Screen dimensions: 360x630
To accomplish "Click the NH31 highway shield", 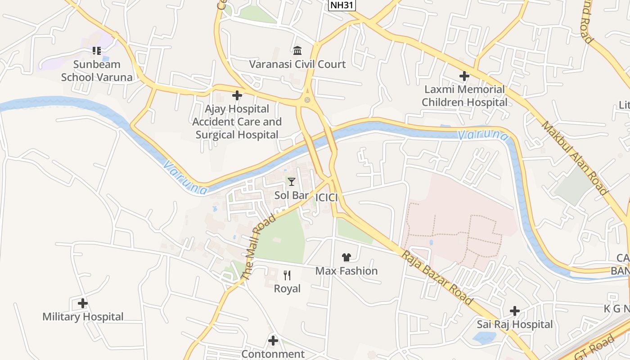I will (340, 5).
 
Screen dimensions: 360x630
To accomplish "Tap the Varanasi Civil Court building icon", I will (297, 50).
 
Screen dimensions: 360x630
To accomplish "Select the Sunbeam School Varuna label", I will (97, 71).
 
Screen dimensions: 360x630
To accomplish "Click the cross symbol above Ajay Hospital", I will (237, 95).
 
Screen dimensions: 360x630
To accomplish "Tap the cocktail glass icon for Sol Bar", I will (292, 181).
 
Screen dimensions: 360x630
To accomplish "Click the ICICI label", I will (327, 198).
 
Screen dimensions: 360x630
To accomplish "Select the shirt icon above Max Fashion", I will (346, 257).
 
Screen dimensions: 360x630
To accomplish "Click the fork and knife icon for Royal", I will (287, 275).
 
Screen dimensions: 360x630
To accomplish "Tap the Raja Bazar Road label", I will (437, 278).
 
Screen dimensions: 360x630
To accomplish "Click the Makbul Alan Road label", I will (574, 157).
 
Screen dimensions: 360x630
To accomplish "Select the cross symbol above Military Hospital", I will (83, 303).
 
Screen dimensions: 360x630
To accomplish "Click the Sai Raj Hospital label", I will (515, 324).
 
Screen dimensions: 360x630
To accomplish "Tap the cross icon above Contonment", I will (273, 341).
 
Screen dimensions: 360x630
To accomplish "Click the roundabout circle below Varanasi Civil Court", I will (307, 99).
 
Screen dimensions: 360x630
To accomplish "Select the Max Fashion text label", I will (346, 271).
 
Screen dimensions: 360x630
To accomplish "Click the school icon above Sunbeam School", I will (97, 50).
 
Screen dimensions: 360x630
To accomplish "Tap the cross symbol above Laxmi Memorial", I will (464, 76).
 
